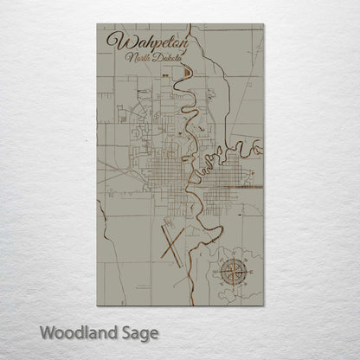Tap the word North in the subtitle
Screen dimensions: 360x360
[136, 58]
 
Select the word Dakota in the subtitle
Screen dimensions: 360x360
[162, 58]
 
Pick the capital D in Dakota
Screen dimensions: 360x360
[152, 58]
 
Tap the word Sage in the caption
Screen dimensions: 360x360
[138, 331]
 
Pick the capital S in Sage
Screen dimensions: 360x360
[126, 331]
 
